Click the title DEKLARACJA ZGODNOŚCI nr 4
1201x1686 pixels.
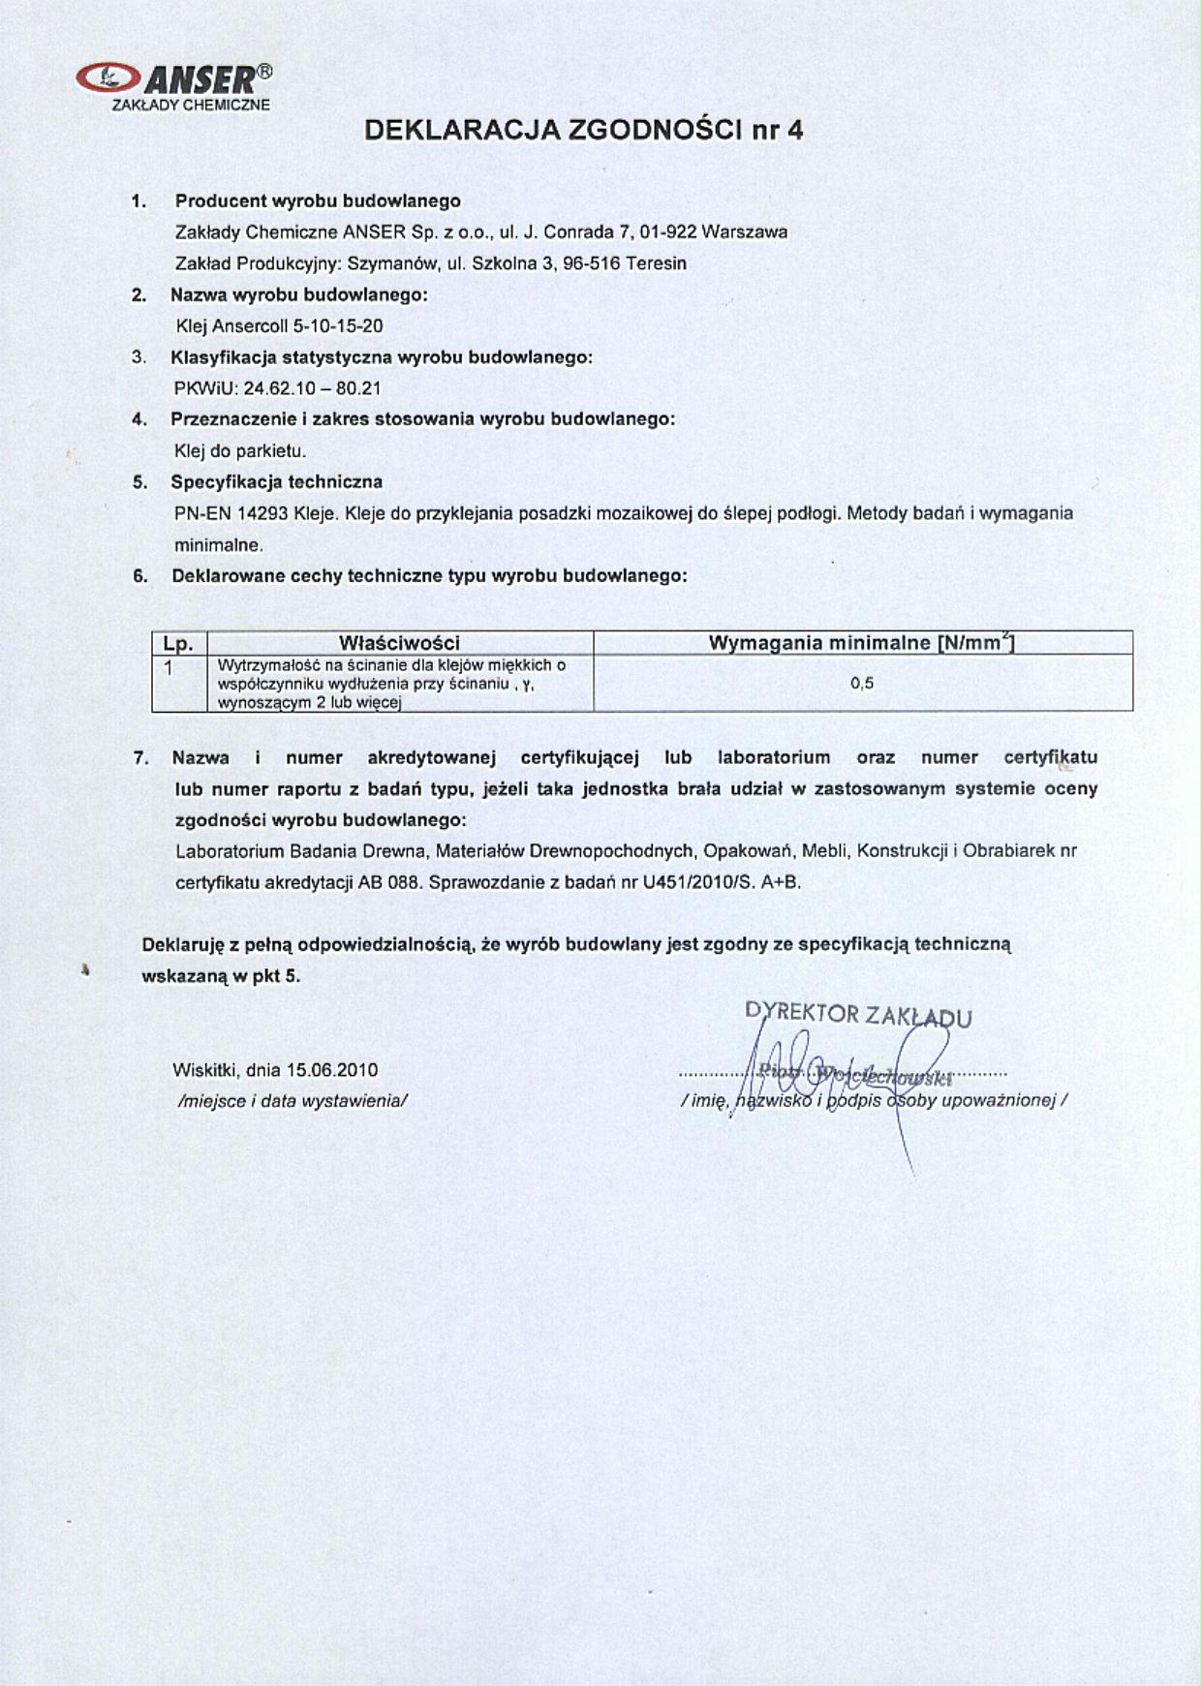point(584,131)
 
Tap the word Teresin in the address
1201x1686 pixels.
point(656,263)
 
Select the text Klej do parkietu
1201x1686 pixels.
point(240,451)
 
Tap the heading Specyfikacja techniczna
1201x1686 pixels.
point(276,482)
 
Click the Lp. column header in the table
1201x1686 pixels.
point(179,643)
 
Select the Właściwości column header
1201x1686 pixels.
point(399,643)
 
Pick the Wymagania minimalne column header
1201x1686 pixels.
point(862,643)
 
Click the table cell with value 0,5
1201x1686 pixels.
point(862,684)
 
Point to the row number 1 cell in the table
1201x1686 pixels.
point(169,667)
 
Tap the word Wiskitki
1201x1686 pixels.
point(206,1070)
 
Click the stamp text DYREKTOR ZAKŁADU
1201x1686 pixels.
point(858,1015)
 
